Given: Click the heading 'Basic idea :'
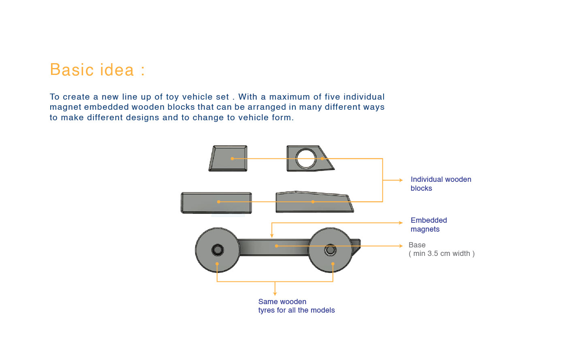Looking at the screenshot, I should (x=97, y=70).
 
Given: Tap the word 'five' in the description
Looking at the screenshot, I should (x=332, y=97).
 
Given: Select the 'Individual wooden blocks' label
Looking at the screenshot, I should (x=441, y=184).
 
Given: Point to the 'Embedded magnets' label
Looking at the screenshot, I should (x=428, y=225).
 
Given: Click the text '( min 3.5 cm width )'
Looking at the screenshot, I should (x=441, y=254).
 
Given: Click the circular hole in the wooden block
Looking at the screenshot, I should (x=306, y=158).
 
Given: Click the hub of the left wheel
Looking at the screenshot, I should (x=217, y=250).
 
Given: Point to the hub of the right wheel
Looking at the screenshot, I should (x=330, y=250).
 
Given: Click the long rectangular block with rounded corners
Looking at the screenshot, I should (x=216, y=203).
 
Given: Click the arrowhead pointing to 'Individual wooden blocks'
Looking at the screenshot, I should (x=401, y=180).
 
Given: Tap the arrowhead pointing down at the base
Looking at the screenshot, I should (x=272, y=235).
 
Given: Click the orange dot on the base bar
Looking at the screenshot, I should (x=276, y=246).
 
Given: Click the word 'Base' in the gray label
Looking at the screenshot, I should (x=417, y=245).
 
